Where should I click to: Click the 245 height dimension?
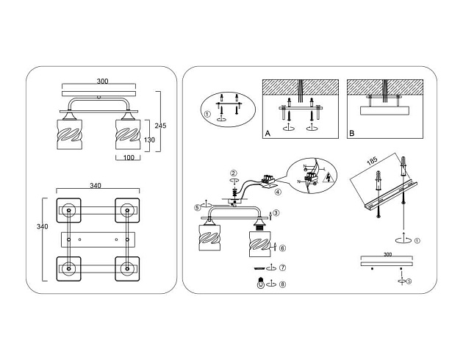tap(160, 125)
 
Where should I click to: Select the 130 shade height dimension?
tap(148, 140)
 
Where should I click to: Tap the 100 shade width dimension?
tap(128, 158)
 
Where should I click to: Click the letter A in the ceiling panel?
tap(268, 134)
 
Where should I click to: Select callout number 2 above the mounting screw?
tap(234, 173)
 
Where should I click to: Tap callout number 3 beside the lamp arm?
tap(275, 214)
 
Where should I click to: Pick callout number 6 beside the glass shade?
tap(283, 248)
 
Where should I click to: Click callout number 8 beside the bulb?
tap(283, 284)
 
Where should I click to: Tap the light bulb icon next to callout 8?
tap(259, 284)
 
